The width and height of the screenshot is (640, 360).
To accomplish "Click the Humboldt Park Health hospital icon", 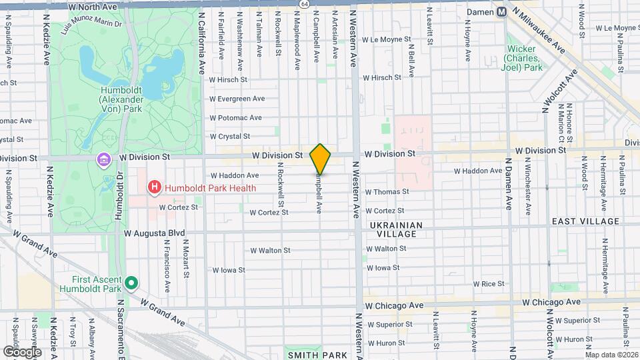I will coord(155,188).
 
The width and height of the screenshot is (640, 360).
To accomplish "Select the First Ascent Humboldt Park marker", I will coord(131,283).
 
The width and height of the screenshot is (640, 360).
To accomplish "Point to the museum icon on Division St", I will coord(103,160).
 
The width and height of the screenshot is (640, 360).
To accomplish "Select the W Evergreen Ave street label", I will coord(237,98).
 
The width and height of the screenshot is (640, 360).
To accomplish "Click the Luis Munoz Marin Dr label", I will coord(90,27).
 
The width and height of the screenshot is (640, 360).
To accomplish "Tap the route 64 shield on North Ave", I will coord(304,4).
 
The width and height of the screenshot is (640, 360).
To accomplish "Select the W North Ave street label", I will coord(93,6).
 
